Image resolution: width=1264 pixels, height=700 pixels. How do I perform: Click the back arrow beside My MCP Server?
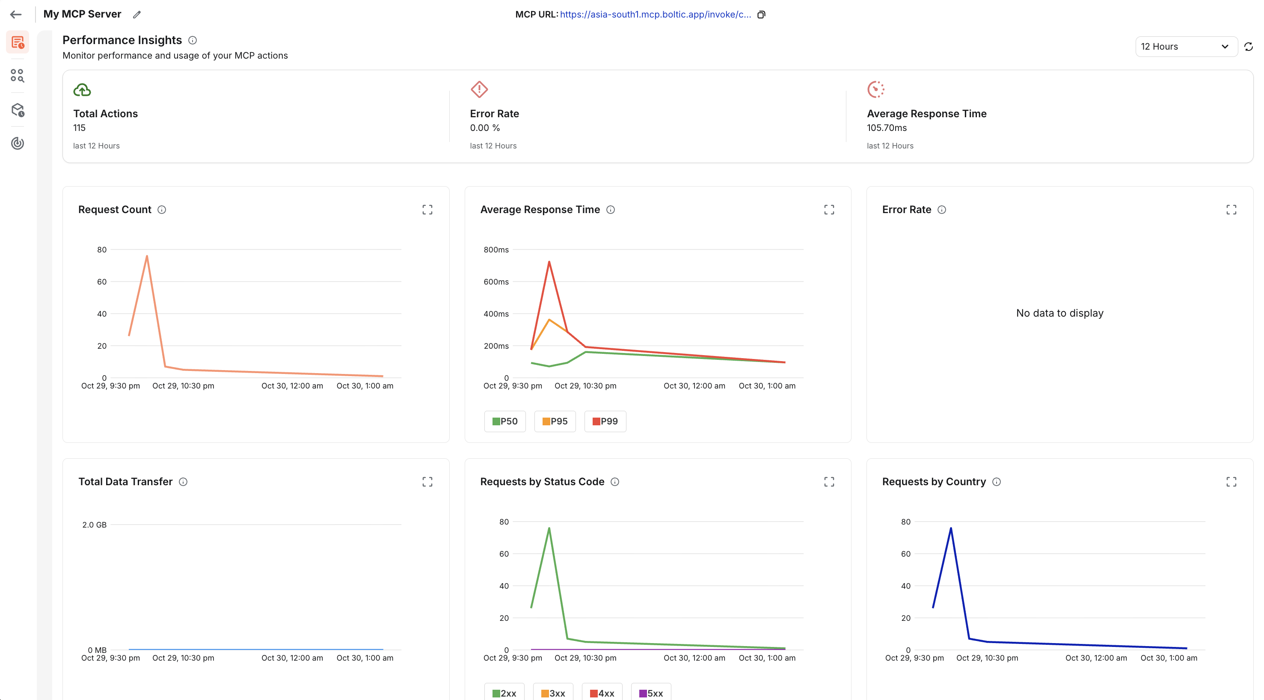pyautogui.click(x=16, y=15)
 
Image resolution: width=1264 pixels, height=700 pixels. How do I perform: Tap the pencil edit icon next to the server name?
pyautogui.click(x=137, y=15)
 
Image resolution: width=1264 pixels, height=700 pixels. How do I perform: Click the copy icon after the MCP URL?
pyautogui.click(x=761, y=15)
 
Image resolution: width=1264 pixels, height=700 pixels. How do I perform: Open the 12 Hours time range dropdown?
pyautogui.click(x=1186, y=47)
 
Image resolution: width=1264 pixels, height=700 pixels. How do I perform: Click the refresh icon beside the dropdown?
pyautogui.click(x=1249, y=47)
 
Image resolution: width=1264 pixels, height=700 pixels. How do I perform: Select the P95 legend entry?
pyautogui.click(x=555, y=421)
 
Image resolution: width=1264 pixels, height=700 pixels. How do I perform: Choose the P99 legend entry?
pyautogui.click(x=605, y=421)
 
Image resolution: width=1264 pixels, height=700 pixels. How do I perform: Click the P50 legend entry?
pyautogui.click(x=505, y=421)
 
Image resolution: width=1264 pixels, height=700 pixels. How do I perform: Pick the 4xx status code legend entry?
pyautogui.click(x=602, y=693)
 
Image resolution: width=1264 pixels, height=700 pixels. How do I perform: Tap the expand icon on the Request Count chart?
pyautogui.click(x=427, y=210)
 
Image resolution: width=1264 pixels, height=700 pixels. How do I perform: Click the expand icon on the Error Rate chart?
pyautogui.click(x=1231, y=210)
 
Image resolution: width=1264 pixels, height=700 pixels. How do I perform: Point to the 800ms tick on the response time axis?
pyautogui.click(x=496, y=250)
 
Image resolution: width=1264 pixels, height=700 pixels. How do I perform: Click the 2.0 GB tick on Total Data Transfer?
pyautogui.click(x=94, y=525)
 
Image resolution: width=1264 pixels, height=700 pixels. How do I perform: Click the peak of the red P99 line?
pyautogui.click(x=549, y=262)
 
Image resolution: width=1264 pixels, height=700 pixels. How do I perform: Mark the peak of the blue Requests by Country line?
pyautogui.click(x=951, y=528)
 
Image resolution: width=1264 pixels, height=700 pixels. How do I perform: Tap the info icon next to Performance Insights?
pyautogui.click(x=193, y=40)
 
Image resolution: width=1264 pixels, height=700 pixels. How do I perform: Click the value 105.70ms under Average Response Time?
pyautogui.click(x=887, y=128)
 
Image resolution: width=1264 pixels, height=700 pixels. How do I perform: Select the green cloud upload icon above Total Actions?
pyautogui.click(x=82, y=90)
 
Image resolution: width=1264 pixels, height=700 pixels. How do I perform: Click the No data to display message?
pyautogui.click(x=1059, y=313)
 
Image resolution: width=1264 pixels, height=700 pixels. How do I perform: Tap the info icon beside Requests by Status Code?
pyautogui.click(x=615, y=482)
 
